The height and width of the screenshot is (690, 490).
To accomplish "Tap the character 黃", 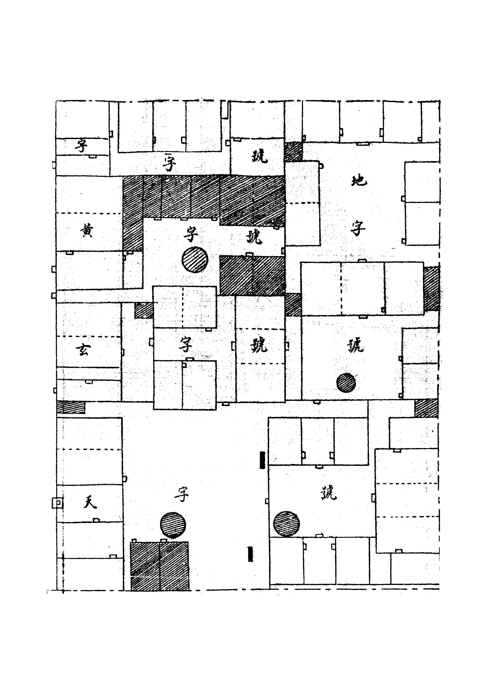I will [x=87, y=232].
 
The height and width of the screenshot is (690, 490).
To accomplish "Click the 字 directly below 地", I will [x=358, y=229].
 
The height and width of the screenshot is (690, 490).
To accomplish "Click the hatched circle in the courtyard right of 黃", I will [x=195, y=260].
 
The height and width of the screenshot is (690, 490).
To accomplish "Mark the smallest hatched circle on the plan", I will [x=346, y=383].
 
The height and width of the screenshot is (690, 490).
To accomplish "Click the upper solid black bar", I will [x=262, y=460].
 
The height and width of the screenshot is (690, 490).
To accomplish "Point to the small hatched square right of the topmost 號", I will [x=293, y=152].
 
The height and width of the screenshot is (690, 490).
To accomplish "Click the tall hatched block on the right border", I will [x=431, y=289].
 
